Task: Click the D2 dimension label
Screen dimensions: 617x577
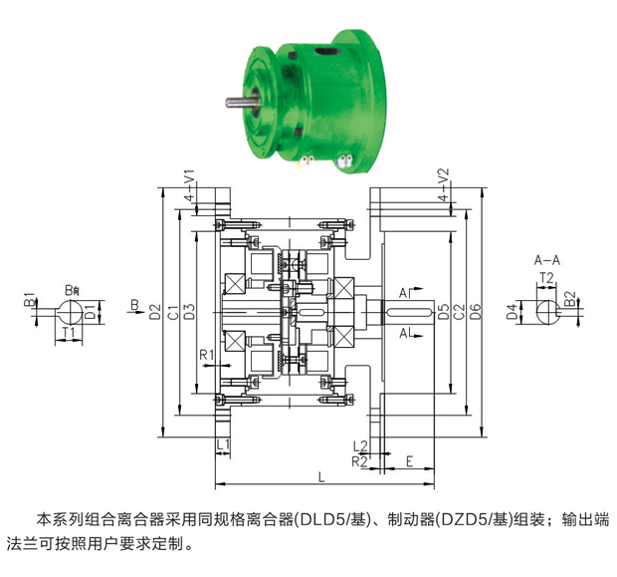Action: (x=155, y=311)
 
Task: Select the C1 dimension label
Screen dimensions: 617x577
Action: (x=173, y=312)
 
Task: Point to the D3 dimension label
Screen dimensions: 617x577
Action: (x=190, y=311)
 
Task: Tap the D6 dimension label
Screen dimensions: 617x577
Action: (x=476, y=311)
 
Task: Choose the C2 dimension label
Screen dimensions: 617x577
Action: (x=459, y=311)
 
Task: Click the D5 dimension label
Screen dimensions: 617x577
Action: (x=444, y=311)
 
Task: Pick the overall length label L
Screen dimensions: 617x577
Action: (x=321, y=477)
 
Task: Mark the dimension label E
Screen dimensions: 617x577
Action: (x=410, y=461)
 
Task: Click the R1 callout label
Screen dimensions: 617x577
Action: (x=207, y=355)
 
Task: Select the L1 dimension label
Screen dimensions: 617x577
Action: (x=223, y=445)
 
